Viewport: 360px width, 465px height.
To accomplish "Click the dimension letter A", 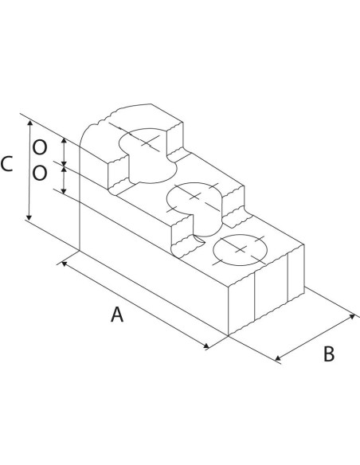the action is click(x=117, y=315).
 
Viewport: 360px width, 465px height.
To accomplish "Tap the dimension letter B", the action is click(x=329, y=354).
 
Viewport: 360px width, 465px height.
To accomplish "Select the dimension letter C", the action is click(x=6, y=164).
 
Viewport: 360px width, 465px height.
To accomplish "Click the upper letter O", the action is click(x=40, y=147).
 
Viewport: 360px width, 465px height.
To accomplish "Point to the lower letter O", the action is click(x=40, y=173).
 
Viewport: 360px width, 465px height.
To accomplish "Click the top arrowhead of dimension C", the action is click(x=29, y=123).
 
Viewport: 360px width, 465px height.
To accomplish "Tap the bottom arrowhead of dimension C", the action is click(x=29, y=217).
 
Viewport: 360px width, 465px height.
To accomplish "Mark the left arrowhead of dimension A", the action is click(x=64, y=264).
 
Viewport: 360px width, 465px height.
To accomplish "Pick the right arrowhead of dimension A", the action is click(x=206, y=346).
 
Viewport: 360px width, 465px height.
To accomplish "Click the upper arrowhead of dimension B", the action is click(x=352, y=316).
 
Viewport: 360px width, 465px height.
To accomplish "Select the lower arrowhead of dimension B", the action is click(x=278, y=358).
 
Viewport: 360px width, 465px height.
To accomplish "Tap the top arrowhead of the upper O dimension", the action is click(x=64, y=141).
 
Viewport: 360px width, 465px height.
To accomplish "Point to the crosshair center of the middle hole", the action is click(x=195, y=197).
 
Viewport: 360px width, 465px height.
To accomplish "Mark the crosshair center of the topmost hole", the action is click(x=147, y=142).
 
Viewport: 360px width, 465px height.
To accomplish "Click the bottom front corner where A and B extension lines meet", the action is click(x=229, y=336).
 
